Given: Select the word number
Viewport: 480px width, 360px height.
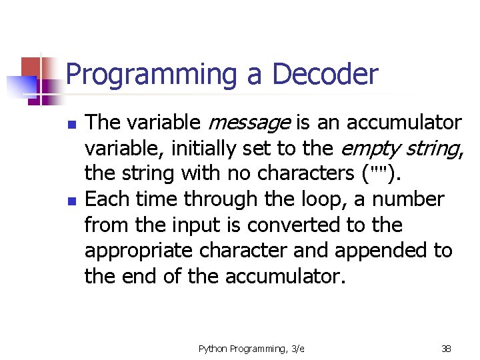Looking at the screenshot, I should coord(408,199).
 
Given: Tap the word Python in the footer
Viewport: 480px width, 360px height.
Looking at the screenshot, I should coord(213,348).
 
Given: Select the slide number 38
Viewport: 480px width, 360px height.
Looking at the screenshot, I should coord(446,348).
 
